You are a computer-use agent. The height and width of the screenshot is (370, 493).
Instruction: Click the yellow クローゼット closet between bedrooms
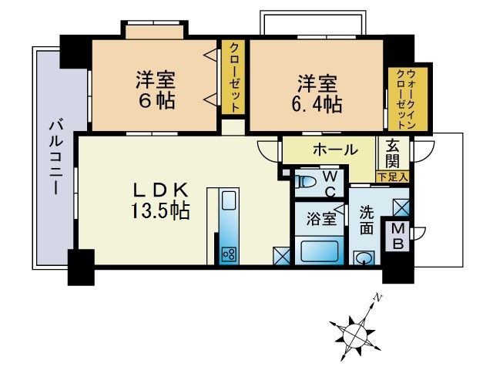pyautogui.click(x=233, y=77)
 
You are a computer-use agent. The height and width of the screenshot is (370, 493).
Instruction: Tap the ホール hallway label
pyautogui.click(x=334, y=149)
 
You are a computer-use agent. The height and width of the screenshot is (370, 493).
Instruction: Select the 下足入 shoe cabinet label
pyautogui.click(x=393, y=177)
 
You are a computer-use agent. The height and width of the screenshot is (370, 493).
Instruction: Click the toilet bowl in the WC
pyautogui.click(x=306, y=183)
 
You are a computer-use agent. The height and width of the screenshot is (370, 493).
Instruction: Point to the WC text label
pyautogui.click(x=328, y=183)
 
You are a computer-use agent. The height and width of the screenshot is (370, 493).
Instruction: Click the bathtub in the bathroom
pyautogui.click(x=319, y=251)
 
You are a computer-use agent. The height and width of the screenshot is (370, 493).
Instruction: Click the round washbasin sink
pyautogui.click(x=362, y=257)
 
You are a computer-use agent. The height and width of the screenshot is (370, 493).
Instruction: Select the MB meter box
pyautogui.click(x=399, y=236)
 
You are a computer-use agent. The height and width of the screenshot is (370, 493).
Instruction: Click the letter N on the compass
pyautogui.click(x=377, y=297)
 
